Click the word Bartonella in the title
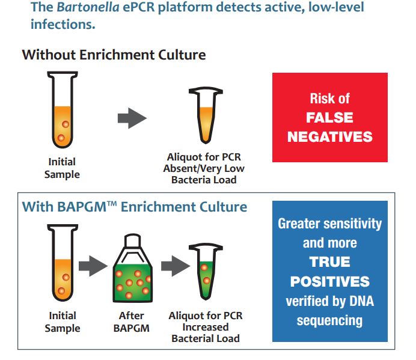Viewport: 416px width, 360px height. point(88,7)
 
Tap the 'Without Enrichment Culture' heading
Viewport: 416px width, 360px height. point(114,55)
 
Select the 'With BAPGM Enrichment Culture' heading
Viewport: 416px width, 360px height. point(135,207)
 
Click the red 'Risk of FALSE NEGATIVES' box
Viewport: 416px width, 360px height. point(330,117)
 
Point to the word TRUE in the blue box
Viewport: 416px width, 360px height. point(330,262)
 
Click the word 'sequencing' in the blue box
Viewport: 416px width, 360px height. point(329,320)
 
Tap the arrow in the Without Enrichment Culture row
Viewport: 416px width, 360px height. point(132,118)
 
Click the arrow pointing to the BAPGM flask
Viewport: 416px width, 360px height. point(93,266)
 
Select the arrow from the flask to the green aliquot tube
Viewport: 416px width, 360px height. point(176,266)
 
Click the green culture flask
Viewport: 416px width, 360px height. point(132,269)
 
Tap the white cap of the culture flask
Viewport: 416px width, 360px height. point(132,240)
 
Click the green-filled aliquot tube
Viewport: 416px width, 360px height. point(206,271)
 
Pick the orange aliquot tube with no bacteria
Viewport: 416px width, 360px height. point(206,115)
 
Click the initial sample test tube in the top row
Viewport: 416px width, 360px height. point(63,109)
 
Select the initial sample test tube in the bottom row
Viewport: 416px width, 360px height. point(63,263)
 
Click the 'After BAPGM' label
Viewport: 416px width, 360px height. point(131,322)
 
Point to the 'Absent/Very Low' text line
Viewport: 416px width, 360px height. point(204,168)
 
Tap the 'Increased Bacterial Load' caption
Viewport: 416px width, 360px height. point(206,333)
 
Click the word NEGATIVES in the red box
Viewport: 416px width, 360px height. point(330,137)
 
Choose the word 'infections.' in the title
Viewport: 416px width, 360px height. point(63,25)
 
